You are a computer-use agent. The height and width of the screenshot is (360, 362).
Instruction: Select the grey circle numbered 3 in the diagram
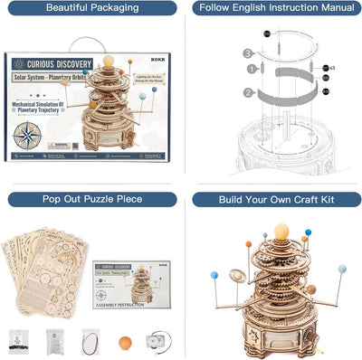pyautogui.click(x=245, y=53)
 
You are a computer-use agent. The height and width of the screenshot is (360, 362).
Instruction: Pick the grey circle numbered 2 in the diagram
pyautogui.click(x=245, y=91)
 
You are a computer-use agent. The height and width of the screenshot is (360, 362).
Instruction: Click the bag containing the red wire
pyautogui.click(x=90, y=341)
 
